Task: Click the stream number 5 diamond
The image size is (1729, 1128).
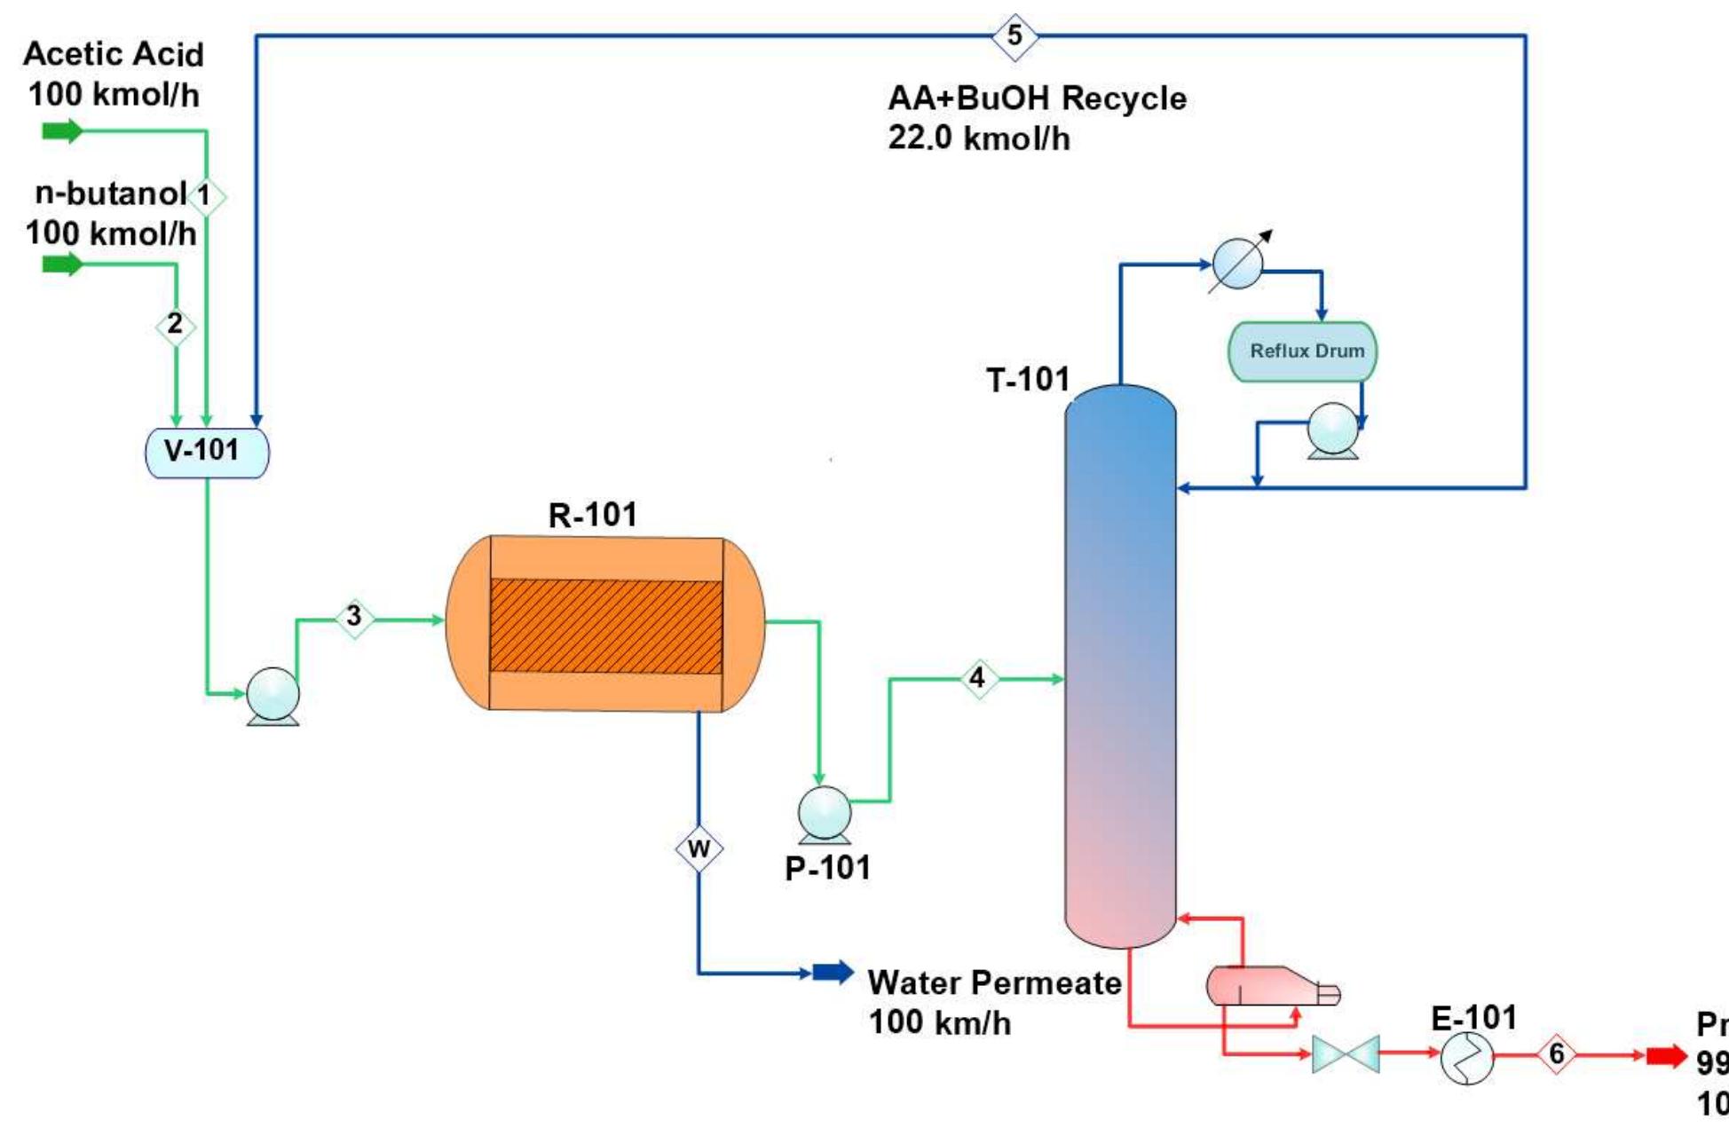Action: tap(1015, 36)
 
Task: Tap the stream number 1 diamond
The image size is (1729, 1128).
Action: tap(205, 196)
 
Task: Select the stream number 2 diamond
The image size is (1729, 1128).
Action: tap(175, 325)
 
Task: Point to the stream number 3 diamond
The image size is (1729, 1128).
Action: tap(354, 616)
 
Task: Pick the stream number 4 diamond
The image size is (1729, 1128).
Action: tap(978, 679)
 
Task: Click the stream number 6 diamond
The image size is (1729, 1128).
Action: tap(1556, 1054)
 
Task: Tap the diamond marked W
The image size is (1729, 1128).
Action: tap(699, 849)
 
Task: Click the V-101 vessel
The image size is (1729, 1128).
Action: tap(207, 452)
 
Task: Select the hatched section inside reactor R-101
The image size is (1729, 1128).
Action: tap(605, 626)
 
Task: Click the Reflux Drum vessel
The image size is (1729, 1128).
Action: tap(1302, 351)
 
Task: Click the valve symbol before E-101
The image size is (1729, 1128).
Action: tap(1346, 1054)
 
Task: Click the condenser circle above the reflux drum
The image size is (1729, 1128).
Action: tap(1237, 264)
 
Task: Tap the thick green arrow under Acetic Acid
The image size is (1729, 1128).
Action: tap(62, 131)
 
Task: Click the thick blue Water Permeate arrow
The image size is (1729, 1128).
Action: tap(833, 972)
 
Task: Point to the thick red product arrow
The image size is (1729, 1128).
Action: tap(1666, 1055)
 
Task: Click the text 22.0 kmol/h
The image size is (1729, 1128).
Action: tap(978, 139)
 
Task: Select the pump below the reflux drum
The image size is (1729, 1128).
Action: tap(1333, 430)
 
